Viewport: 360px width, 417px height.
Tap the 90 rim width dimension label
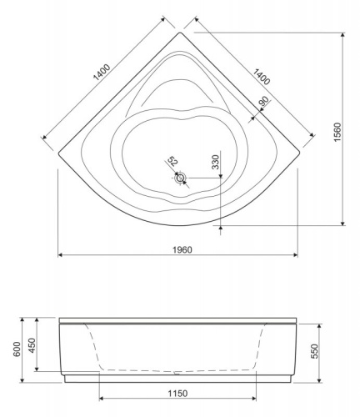click(x=264, y=103)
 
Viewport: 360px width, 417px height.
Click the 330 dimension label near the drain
click(x=215, y=162)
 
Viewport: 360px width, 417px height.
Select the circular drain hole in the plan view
click(x=181, y=177)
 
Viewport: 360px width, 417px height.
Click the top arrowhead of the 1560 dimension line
click(x=342, y=34)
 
